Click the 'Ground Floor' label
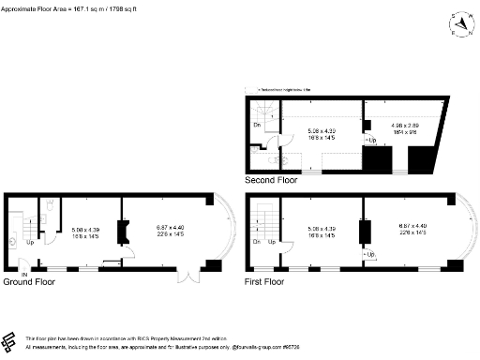click(x=31, y=281)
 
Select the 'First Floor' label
click(x=266, y=281)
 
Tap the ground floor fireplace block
click(x=121, y=232)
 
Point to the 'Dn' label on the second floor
click(x=257, y=125)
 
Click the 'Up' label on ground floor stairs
click(x=30, y=242)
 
